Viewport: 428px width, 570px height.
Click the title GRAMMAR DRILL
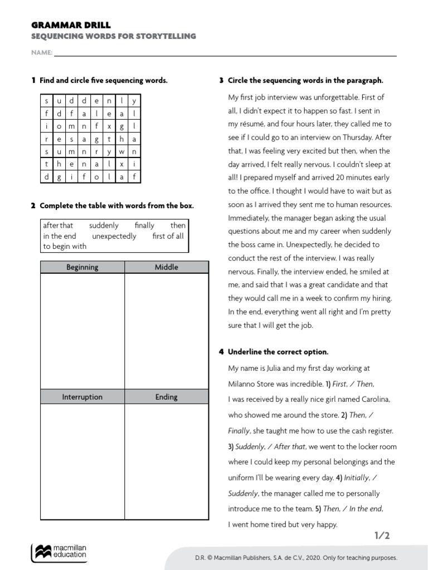70,25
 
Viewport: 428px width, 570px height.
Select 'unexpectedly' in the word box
114,236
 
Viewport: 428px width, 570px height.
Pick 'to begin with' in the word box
65,246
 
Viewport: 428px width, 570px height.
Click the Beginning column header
82,267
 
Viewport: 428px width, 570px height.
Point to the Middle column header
166,267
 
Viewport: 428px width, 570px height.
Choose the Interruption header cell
82,397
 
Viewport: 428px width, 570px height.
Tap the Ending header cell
166,397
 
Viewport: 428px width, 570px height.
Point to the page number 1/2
382,535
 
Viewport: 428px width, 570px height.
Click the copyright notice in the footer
296,557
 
